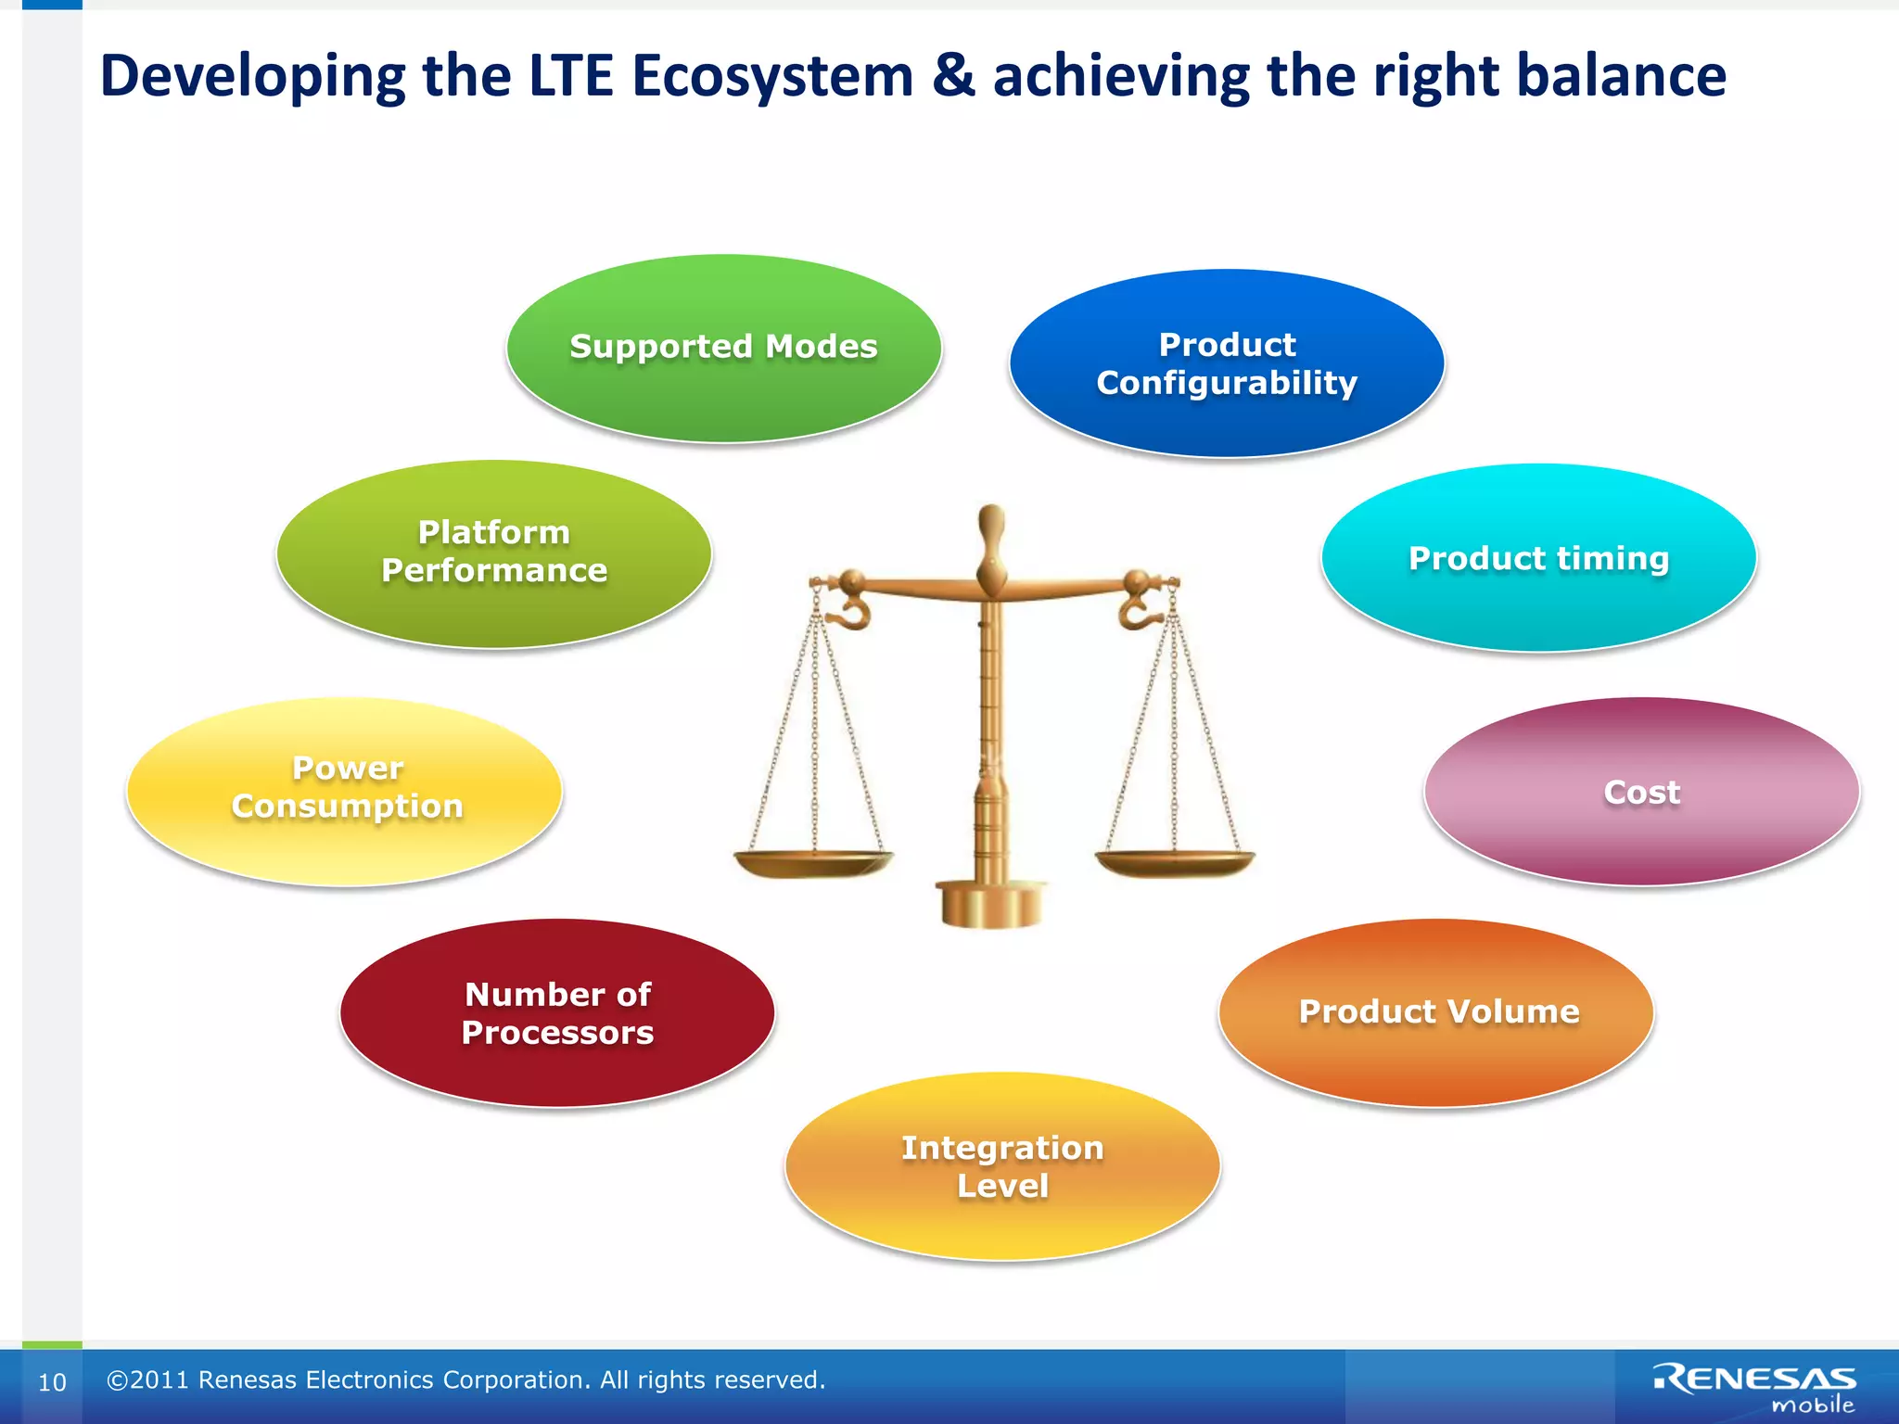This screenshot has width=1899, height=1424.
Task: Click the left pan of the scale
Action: pos(812,864)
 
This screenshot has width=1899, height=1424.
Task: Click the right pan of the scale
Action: pos(1175,864)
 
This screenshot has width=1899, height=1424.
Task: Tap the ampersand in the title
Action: pos(953,76)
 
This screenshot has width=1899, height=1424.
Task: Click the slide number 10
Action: pos(52,1382)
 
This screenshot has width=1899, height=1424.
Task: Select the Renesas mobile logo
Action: pos(1755,1387)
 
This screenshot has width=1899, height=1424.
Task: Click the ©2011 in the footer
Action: pos(148,1380)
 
